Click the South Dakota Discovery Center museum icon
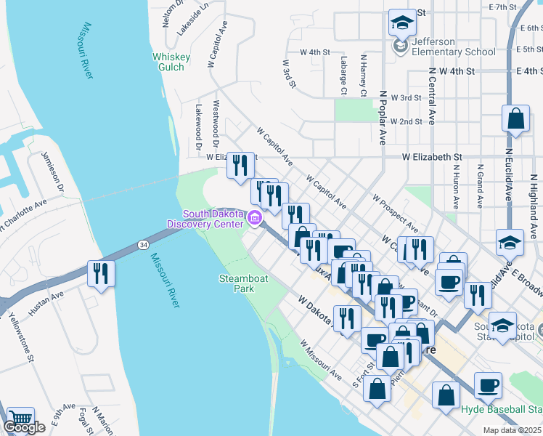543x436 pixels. pyautogui.click(x=255, y=217)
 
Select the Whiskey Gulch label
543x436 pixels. pyautogui.click(x=171, y=62)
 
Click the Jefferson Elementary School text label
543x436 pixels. pyautogui.click(x=453, y=47)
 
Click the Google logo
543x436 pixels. pyautogui.click(x=25, y=427)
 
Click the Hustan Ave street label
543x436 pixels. pyautogui.click(x=46, y=303)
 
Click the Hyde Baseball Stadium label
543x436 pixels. pyautogui.click(x=502, y=409)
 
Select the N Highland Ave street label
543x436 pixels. pyautogui.click(x=532, y=211)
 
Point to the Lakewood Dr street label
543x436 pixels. pyautogui.click(x=197, y=125)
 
